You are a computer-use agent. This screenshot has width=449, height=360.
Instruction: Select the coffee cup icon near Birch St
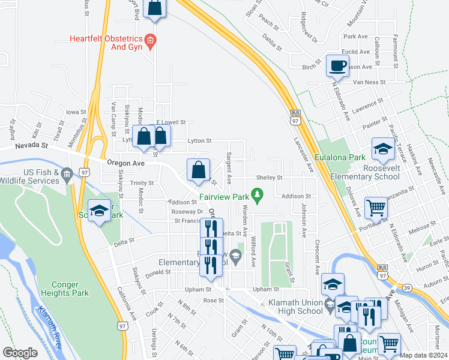click(x=337, y=65)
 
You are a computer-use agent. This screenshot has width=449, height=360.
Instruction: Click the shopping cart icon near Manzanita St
click(x=376, y=208)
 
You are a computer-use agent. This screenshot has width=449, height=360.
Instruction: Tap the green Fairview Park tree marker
click(x=258, y=194)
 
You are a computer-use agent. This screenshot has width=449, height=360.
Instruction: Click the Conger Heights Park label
click(x=65, y=288)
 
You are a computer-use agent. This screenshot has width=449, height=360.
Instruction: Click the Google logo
click(x=20, y=353)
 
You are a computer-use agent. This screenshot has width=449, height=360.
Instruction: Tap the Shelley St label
click(x=269, y=178)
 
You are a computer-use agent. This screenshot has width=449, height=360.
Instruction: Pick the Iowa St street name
click(x=76, y=112)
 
